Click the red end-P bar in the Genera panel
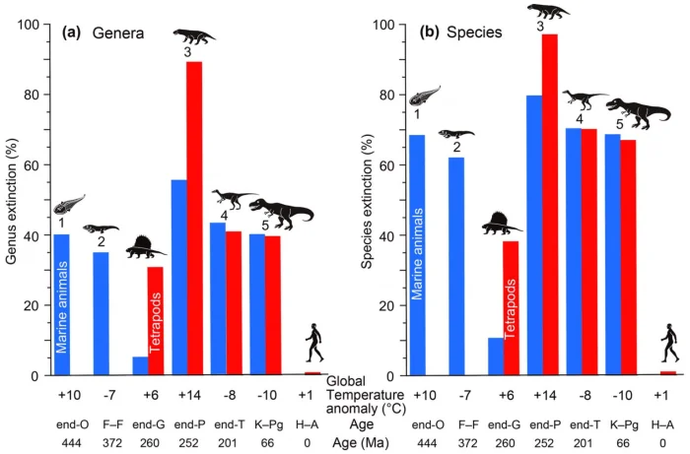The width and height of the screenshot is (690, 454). click(x=195, y=218)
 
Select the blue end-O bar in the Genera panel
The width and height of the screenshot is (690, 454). click(x=62, y=304)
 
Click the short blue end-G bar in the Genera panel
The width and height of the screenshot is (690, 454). click(x=140, y=365)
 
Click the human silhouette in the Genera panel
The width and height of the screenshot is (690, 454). click(x=314, y=344)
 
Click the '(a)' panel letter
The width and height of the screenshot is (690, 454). click(x=70, y=32)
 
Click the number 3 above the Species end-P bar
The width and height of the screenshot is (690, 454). click(x=540, y=27)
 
